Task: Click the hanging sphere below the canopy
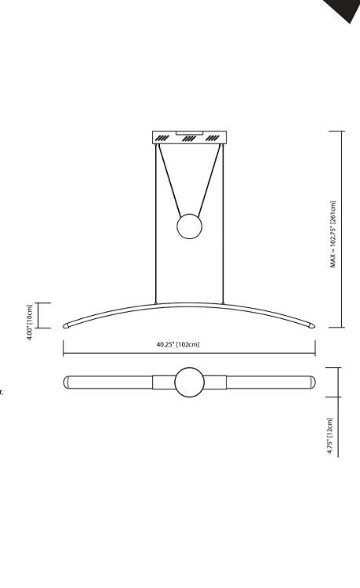click(x=189, y=227)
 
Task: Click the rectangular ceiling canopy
click(x=189, y=138)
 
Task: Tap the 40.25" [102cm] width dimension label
click(x=178, y=344)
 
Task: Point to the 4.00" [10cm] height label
click(x=30, y=321)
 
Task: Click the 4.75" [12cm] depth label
click(x=330, y=437)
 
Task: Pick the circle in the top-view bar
click(x=189, y=383)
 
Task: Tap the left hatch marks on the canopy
click(x=162, y=139)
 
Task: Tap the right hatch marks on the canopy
click(x=213, y=139)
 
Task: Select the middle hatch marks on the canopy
click(x=187, y=139)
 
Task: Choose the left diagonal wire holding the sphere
click(x=171, y=180)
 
